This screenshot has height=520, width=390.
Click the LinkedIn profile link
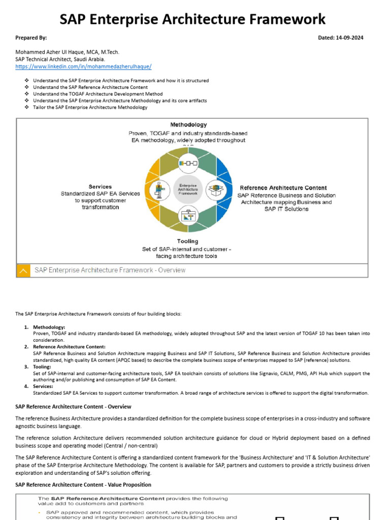click(x=83, y=67)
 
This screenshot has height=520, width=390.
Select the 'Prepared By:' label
click(x=31, y=38)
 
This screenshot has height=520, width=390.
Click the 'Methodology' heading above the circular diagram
click(x=188, y=124)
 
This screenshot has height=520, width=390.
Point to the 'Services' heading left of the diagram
click(x=100, y=186)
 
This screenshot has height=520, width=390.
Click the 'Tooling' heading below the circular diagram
click(x=187, y=241)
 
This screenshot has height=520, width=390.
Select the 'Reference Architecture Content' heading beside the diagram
click(x=283, y=188)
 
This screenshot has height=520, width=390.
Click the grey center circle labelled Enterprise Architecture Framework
click(x=188, y=189)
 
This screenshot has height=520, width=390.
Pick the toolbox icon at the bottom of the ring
click(x=188, y=216)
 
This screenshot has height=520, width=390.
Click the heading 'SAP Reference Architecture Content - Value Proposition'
click(x=83, y=485)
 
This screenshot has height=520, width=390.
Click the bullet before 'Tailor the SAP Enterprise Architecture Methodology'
click(x=26, y=107)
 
